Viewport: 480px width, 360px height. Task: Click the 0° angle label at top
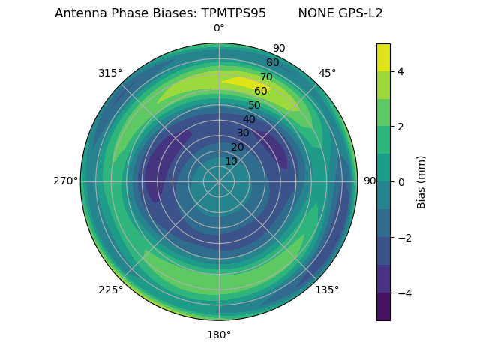click(x=219, y=28)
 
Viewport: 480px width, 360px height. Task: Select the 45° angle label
click(x=327, y=73)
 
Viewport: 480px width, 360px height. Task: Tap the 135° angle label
click(x=327, y=289)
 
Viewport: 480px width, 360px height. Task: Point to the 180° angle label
click(x=219, y=334)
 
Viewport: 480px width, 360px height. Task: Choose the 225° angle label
click(x=110, y=289)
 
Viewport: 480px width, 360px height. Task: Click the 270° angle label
click(x=66, y=181)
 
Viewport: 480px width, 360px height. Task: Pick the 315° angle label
click(x=110, y=73)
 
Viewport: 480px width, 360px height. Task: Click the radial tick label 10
click(x=231, y=161)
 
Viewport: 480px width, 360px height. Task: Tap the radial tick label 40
click(x=249, y=119)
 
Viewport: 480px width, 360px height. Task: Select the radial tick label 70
click(x=266, y=76)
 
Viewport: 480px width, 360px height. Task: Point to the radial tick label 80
click(x=272, y=62)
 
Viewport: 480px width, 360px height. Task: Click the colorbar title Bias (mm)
click(x=421, y=181)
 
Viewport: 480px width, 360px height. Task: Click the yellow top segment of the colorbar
click(x=383, y=57)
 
